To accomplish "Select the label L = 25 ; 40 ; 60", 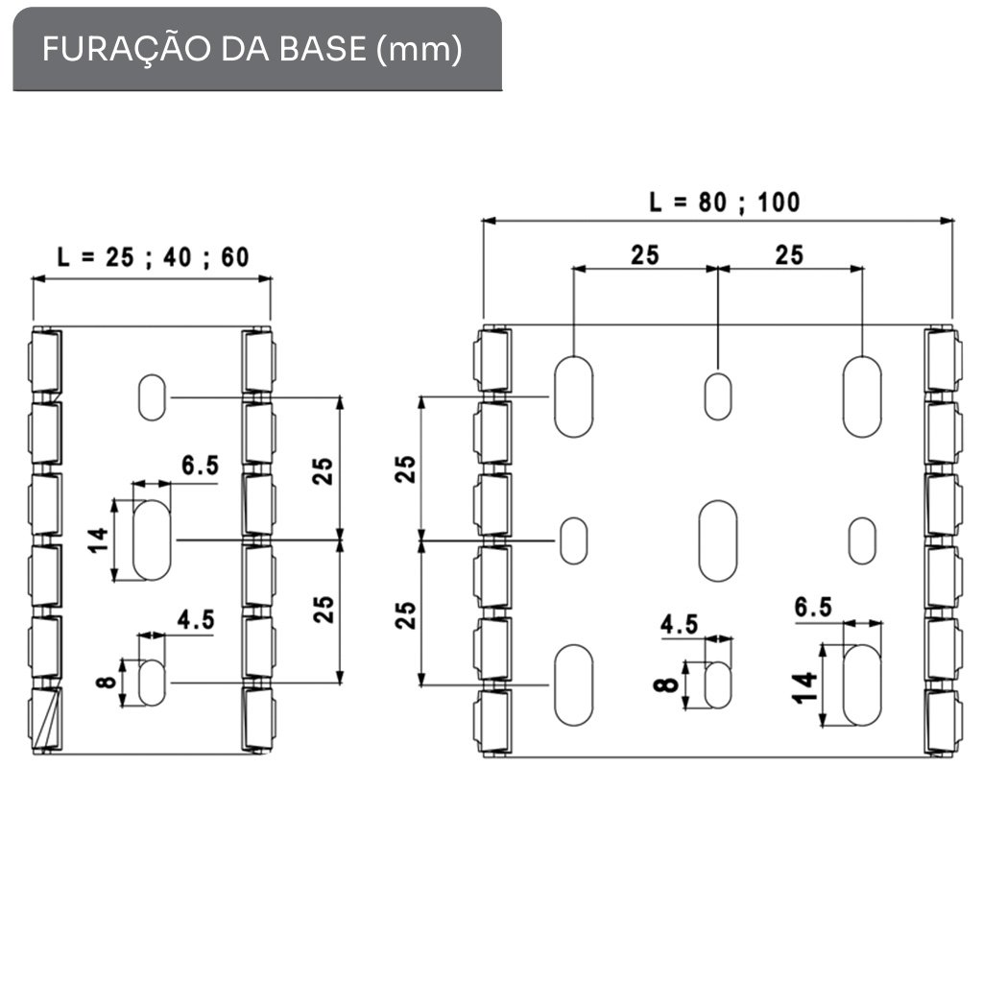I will coord(153,257).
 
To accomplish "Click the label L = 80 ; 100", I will coord(724,202).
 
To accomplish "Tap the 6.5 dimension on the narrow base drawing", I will coord(200,467).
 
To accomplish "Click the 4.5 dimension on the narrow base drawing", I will coord(195,619).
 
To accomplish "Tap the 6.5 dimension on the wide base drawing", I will coord(813,607).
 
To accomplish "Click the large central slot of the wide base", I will coord(717,540).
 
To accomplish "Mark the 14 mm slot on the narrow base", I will coord(152,539).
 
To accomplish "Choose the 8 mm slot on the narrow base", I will coord(153,682).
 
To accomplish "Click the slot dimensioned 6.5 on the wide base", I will coord(861,685).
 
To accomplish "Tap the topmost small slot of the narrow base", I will coord(152,396).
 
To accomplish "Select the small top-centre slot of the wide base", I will coord(717,396).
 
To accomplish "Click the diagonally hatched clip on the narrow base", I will coord(45,717).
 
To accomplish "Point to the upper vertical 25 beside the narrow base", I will coord(325,468).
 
